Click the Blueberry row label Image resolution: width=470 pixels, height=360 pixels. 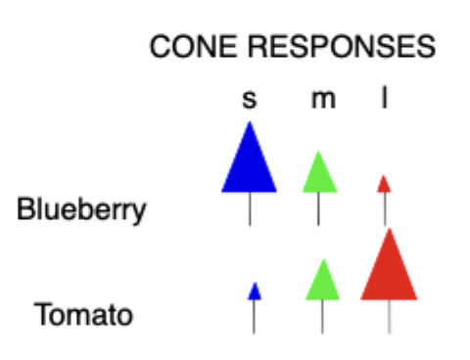coord(82,209)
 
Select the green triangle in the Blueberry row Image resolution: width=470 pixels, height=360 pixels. coord(319,176)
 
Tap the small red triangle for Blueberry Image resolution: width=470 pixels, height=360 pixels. coord(384,185)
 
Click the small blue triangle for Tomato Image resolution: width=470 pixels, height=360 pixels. coord(255,292)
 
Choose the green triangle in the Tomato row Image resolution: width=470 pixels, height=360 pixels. coord(322,282)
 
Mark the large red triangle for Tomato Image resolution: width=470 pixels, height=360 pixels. coord(390,272)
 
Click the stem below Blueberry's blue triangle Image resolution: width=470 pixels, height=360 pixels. coord(250,208)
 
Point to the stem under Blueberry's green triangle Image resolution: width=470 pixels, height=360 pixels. coord(319,208)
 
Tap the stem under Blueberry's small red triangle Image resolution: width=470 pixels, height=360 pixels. coord(384,208)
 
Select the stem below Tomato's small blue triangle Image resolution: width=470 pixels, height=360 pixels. coord(255,316)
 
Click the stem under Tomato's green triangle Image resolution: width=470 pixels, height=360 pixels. coord(322,316)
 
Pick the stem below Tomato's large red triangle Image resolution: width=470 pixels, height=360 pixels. coord(390,316)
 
